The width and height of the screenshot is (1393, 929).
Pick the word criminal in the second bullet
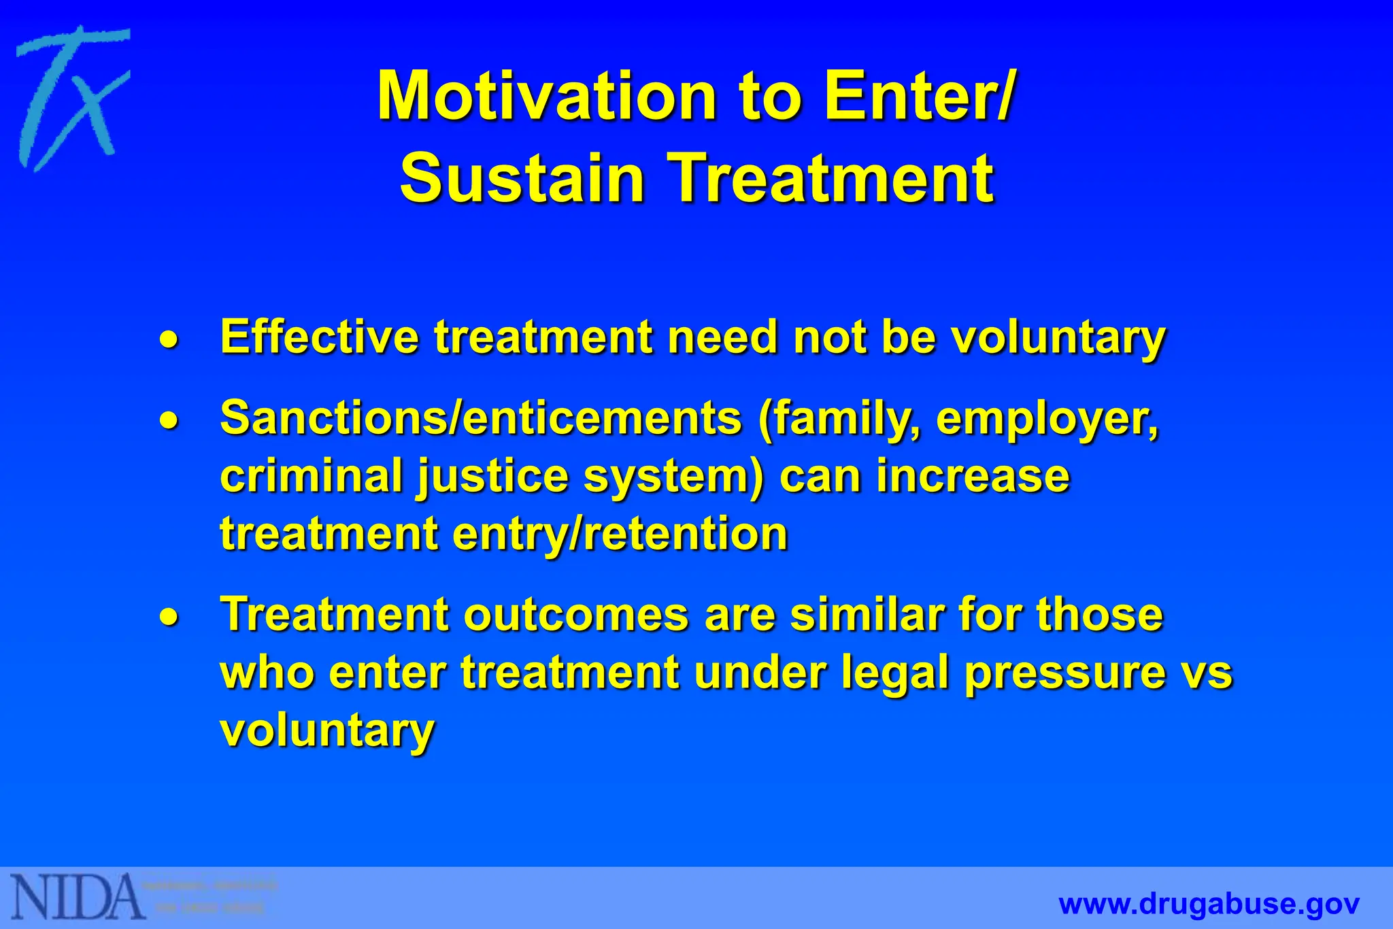312,475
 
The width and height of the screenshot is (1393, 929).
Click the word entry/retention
620,534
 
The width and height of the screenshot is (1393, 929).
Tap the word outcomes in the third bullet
576,615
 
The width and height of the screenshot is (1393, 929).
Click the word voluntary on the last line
327,731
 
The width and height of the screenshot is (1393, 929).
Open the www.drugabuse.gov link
1209,904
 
